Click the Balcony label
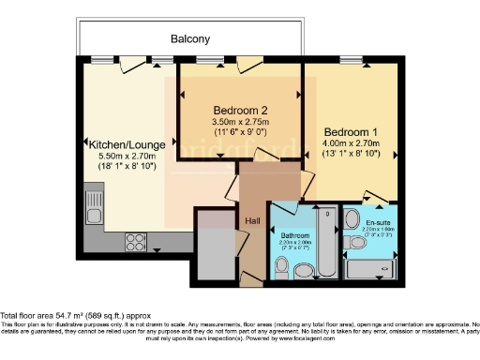click(x=189, y=39)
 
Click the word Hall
click(x=253, y=221)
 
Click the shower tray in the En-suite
click(x=372, y=269)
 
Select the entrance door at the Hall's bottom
click(x=246, y=277)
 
